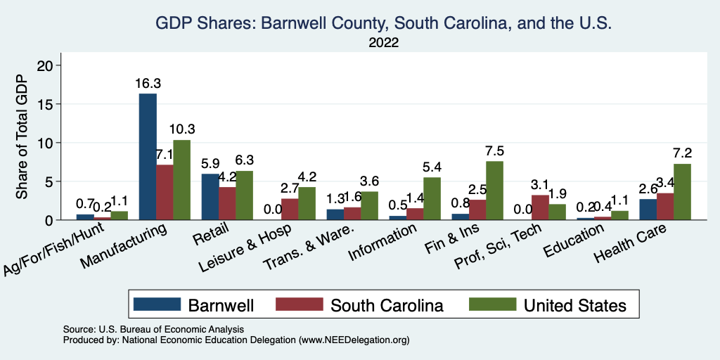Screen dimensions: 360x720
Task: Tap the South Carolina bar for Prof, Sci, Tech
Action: (x=540, y=207)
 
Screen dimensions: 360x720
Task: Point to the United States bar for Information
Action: (x=432, y=198)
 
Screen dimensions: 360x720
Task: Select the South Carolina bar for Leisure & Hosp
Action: (x=290, y=209)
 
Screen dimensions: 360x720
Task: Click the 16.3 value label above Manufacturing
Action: (x=148, y=84)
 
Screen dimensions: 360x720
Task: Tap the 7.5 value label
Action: (x=494, y=151)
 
